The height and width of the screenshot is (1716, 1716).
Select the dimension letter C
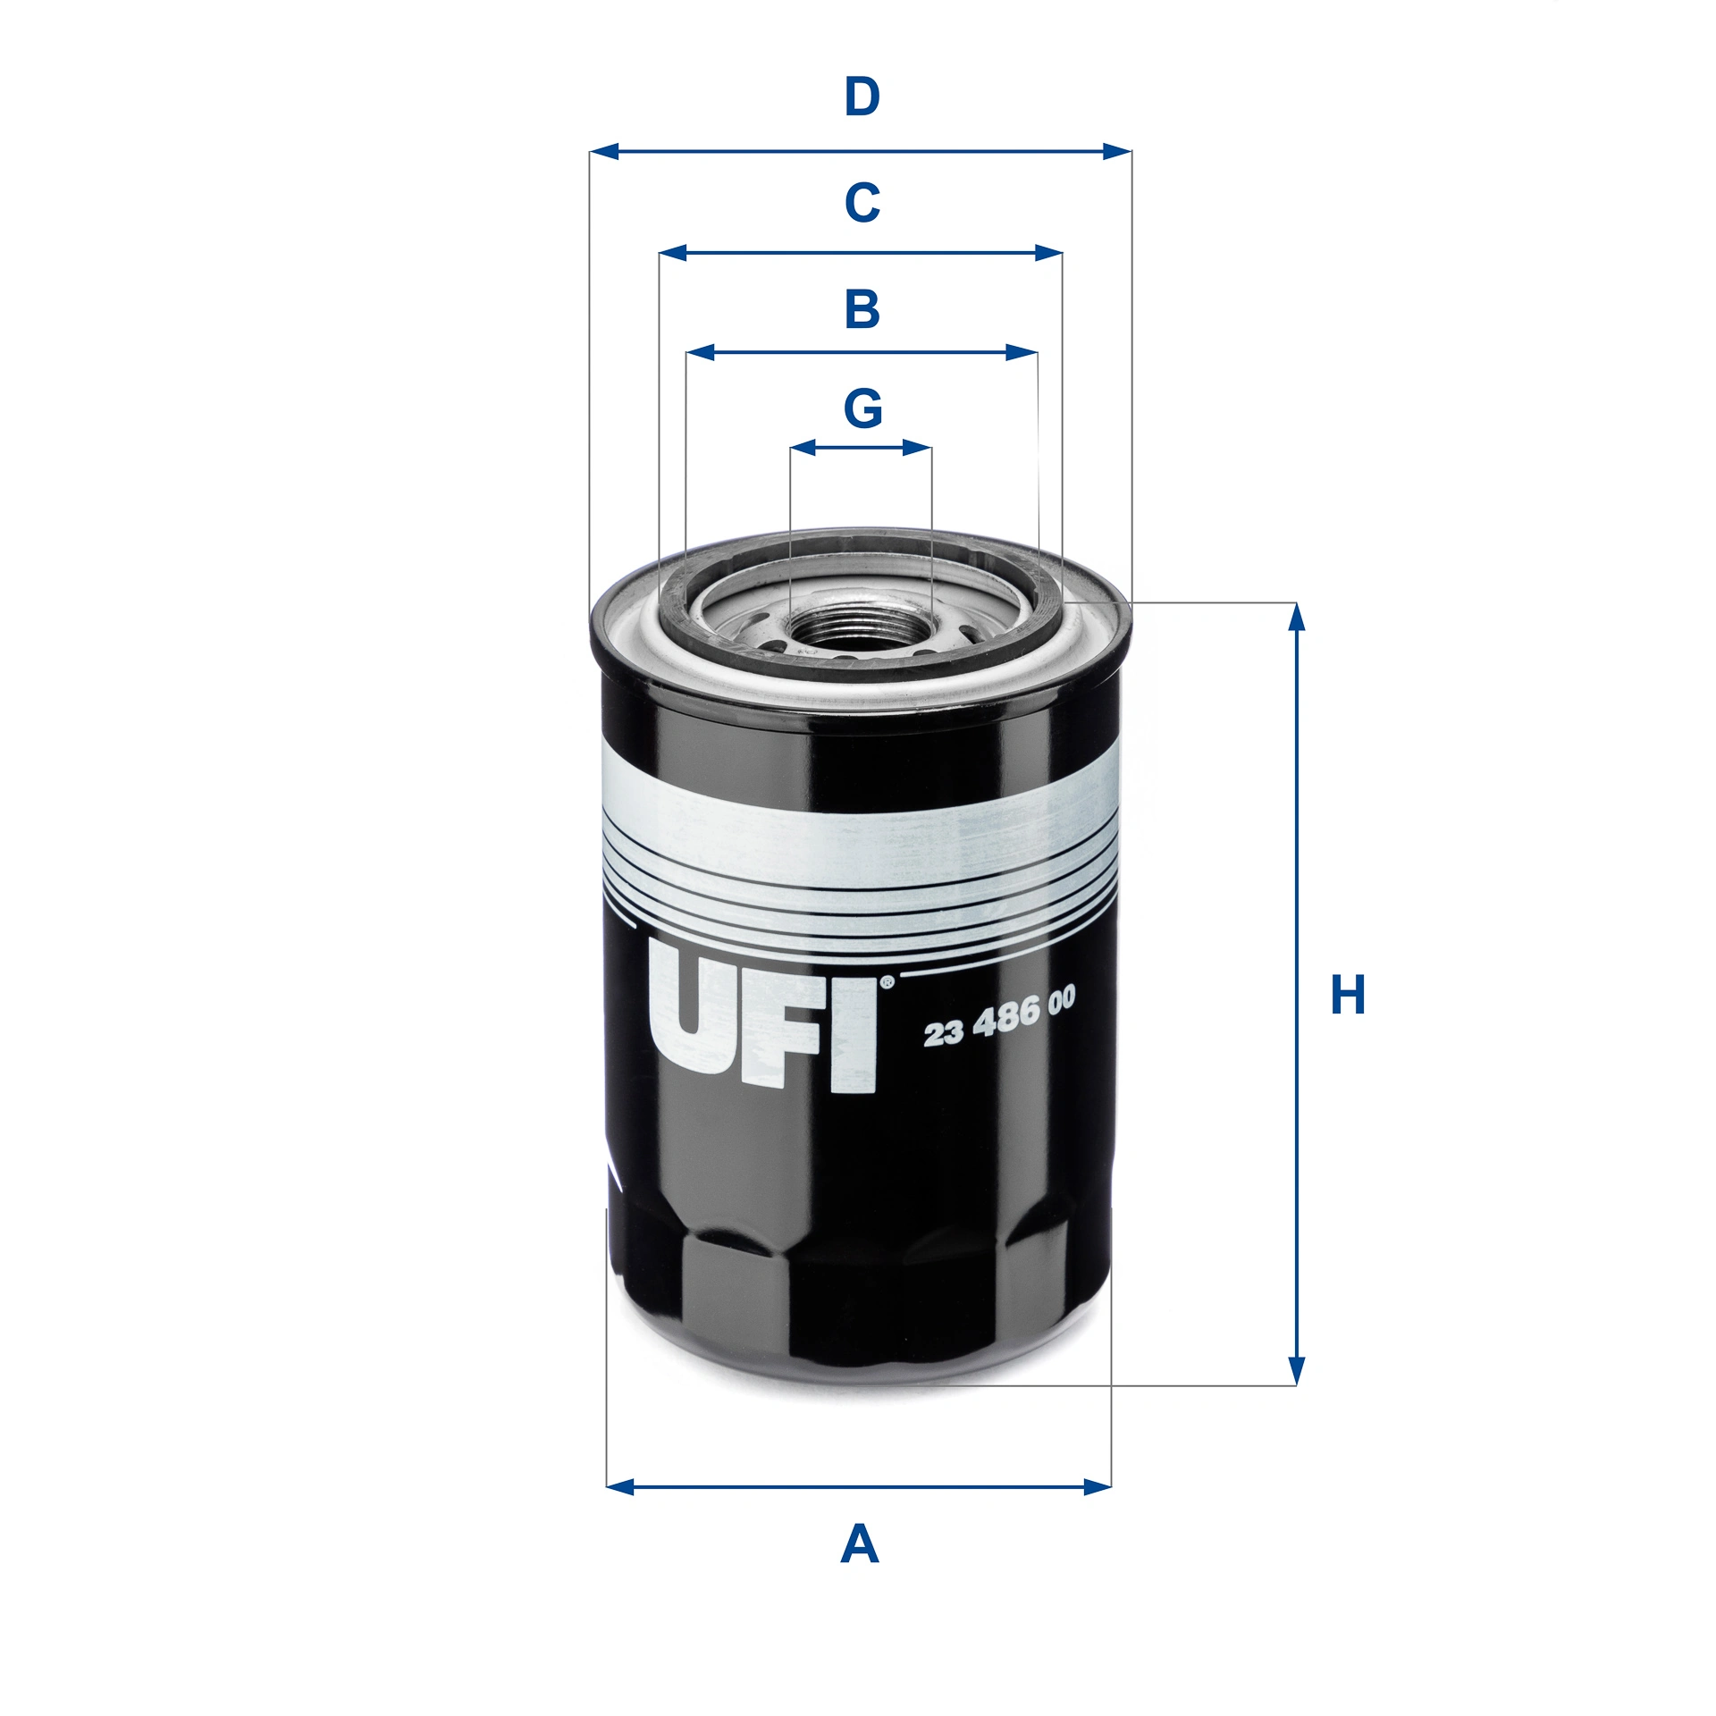click(x=862, y=203)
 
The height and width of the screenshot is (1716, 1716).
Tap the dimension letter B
click(x=862, y=309)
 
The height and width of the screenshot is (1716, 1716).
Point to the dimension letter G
click(x=862, y=408)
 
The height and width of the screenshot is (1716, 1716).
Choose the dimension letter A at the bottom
click(x=859, y=1544)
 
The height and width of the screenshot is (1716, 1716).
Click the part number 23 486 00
click(x=998, y=1016)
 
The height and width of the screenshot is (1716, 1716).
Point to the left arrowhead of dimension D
click(x=604, y=151)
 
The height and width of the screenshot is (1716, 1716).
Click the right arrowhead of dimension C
click(x=1048, y=253)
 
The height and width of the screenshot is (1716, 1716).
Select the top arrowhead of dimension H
click(x=1297, y=616)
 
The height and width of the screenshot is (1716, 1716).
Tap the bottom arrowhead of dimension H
click(x=1297, y=1372)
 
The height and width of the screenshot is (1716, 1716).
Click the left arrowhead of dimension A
click(x=620, y=1487)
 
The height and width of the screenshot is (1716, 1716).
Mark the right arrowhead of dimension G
click(x=918, y=447)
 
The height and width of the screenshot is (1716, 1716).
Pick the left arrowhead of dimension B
click(x=701, y=352)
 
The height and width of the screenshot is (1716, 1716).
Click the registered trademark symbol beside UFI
click(x=887, y=982)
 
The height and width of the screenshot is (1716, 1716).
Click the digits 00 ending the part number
click(x=1061, y=1000)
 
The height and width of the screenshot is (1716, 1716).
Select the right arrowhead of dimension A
click(x=1097, y=1487)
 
